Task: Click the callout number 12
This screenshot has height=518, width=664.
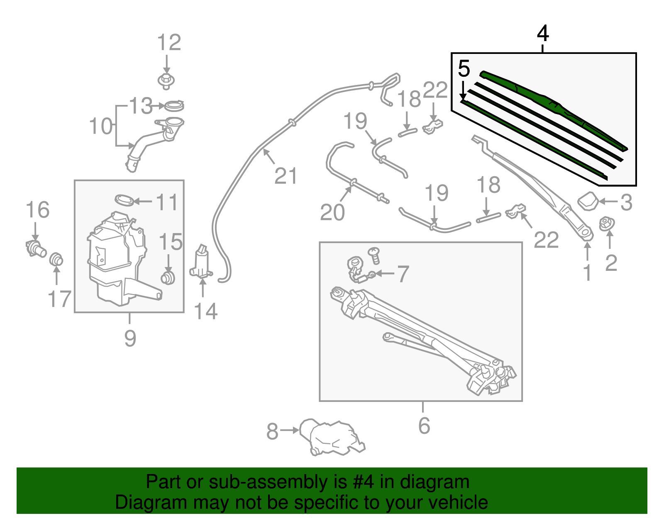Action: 169,43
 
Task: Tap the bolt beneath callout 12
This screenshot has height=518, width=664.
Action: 166,80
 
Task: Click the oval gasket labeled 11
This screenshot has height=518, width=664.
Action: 124,200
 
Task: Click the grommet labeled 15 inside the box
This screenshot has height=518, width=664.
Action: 168,277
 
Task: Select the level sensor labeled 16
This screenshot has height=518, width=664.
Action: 35,248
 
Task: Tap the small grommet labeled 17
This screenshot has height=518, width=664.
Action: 56,260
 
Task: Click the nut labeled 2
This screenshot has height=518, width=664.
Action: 607,224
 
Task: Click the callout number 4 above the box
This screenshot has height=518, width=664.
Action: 543,33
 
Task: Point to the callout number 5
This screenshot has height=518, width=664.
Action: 464,69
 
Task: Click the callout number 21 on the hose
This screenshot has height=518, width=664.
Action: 286,176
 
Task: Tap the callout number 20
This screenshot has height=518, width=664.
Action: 332,212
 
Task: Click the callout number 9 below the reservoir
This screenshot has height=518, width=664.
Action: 130,338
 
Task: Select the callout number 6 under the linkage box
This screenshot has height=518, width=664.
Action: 424,426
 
